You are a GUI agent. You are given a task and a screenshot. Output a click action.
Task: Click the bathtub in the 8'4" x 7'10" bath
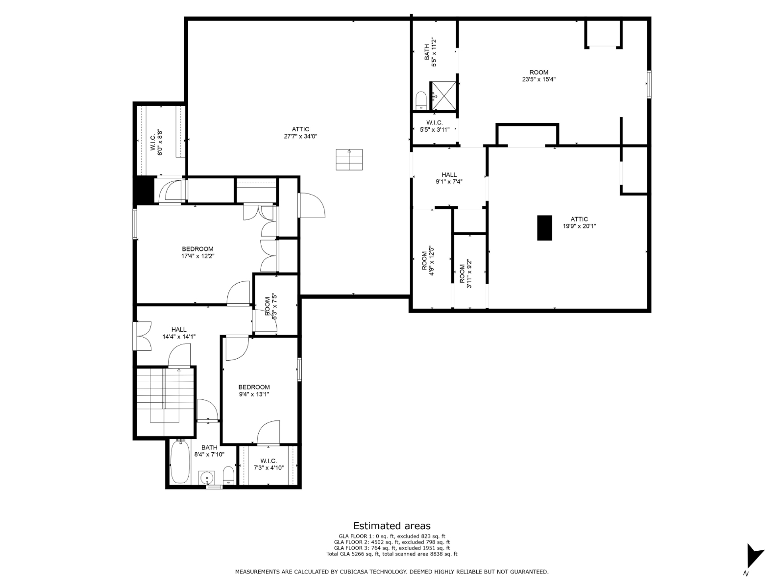(x=180, y=462)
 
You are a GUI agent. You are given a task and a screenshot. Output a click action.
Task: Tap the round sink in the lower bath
(x=207, y=477)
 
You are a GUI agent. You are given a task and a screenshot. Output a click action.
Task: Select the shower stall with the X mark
(x=444, y=96)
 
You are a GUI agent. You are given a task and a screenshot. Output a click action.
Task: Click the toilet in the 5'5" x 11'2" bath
(x=421, y=101)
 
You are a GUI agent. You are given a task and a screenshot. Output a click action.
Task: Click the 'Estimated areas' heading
(x=392, y=525)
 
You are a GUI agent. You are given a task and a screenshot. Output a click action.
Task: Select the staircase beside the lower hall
(x=165, y=402)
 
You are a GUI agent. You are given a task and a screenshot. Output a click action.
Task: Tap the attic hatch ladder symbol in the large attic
(x=349, y=160)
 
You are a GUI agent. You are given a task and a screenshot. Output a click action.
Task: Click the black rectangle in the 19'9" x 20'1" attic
(x=544, y=228)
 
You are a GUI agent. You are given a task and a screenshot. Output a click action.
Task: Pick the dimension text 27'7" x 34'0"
(x=300, y=136)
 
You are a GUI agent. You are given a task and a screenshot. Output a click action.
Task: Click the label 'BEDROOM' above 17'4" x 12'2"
(x=197, y=249)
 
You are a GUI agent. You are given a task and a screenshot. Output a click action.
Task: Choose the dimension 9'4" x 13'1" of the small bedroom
(x=254, y=394)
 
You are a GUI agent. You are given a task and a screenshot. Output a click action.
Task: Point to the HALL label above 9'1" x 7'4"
(x=449, y=174)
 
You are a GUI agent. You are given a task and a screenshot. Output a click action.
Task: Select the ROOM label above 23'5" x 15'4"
(x=539, y=72)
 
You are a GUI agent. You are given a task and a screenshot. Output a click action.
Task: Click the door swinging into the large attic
(x=311, y=205)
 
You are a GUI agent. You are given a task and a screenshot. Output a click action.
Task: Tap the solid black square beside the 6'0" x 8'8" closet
(x=144, y=190)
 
